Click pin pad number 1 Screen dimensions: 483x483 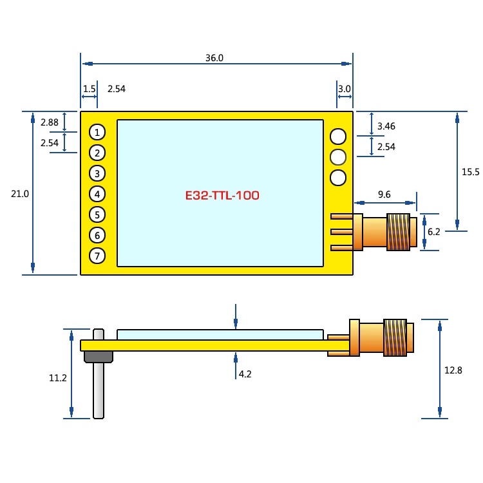97,132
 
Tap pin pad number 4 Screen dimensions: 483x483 97,194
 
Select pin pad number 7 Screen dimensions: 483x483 97,256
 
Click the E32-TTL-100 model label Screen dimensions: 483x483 222,195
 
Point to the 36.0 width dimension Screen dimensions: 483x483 214,57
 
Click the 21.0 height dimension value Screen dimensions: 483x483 20,193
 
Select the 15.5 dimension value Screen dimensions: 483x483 471,172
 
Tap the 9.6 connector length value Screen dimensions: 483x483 384,193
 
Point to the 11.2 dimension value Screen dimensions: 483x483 58,378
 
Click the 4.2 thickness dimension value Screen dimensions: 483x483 245,374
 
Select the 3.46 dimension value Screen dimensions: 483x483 386,126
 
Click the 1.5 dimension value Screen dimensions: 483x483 90,89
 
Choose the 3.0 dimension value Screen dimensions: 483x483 344,89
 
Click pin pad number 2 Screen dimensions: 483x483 97,153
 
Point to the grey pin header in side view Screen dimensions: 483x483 98,390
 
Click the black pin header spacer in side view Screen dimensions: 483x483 98,356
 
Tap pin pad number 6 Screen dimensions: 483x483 97,235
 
